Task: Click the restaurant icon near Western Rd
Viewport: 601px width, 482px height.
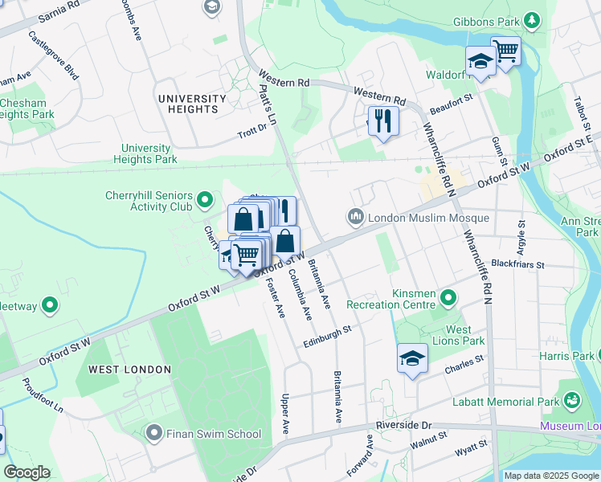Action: click(x=382, y=121)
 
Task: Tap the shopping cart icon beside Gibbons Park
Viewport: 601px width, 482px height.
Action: click(x=505, y=51)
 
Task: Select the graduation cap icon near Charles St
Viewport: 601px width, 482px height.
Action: click(x=412, y=358)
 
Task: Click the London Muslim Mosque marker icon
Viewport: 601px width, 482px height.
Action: click(x=355, y=218)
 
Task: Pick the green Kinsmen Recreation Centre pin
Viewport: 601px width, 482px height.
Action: click(x=448, y=300)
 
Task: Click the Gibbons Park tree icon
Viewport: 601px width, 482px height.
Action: click(x=531, y=19)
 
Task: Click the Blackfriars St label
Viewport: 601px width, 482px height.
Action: click(x=518, y=263)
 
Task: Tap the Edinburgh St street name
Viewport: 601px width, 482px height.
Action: click(x=328, y=336)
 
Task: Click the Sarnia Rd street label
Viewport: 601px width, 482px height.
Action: click(x=48, y=16)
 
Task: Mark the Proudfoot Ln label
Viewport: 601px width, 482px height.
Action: click(x=43, y=395)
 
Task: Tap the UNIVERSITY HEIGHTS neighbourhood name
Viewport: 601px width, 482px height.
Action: click(x=192, y=104)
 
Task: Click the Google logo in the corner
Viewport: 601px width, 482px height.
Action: click(x=27, y=472)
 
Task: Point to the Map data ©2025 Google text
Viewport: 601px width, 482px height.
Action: click(x=550, y=475)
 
